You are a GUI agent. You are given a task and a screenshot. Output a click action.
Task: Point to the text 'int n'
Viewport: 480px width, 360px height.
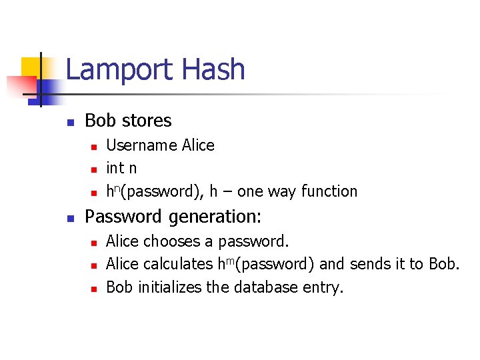[121, 168]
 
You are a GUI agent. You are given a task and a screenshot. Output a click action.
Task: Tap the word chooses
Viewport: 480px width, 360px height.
[173, 241]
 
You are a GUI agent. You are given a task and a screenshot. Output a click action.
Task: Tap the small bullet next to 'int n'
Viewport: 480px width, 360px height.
[94, 169]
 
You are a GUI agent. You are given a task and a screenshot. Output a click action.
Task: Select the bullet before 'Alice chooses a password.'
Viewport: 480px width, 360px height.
[94, 242]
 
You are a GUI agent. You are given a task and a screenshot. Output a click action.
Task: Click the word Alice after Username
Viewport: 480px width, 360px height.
[198, 145]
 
